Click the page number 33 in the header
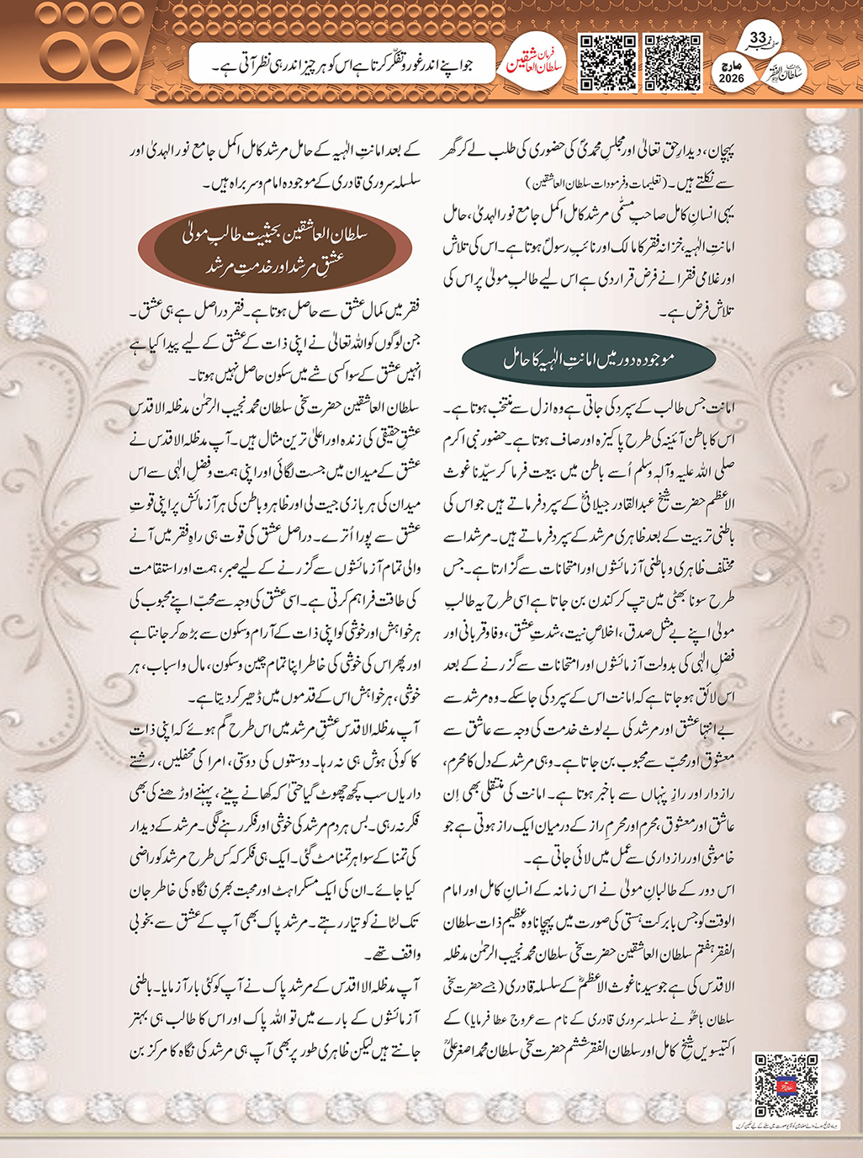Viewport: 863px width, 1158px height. (757, 38)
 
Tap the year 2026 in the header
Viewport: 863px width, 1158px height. (731, 78)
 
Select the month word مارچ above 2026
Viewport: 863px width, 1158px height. (731, 64)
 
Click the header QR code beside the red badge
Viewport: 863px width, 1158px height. (608, 63)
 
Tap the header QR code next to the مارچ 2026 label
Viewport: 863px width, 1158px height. (672, 63)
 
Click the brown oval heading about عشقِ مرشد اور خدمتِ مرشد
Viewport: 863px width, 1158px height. (275, 251)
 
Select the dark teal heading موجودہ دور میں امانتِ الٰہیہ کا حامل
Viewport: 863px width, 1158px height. (589, 360)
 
